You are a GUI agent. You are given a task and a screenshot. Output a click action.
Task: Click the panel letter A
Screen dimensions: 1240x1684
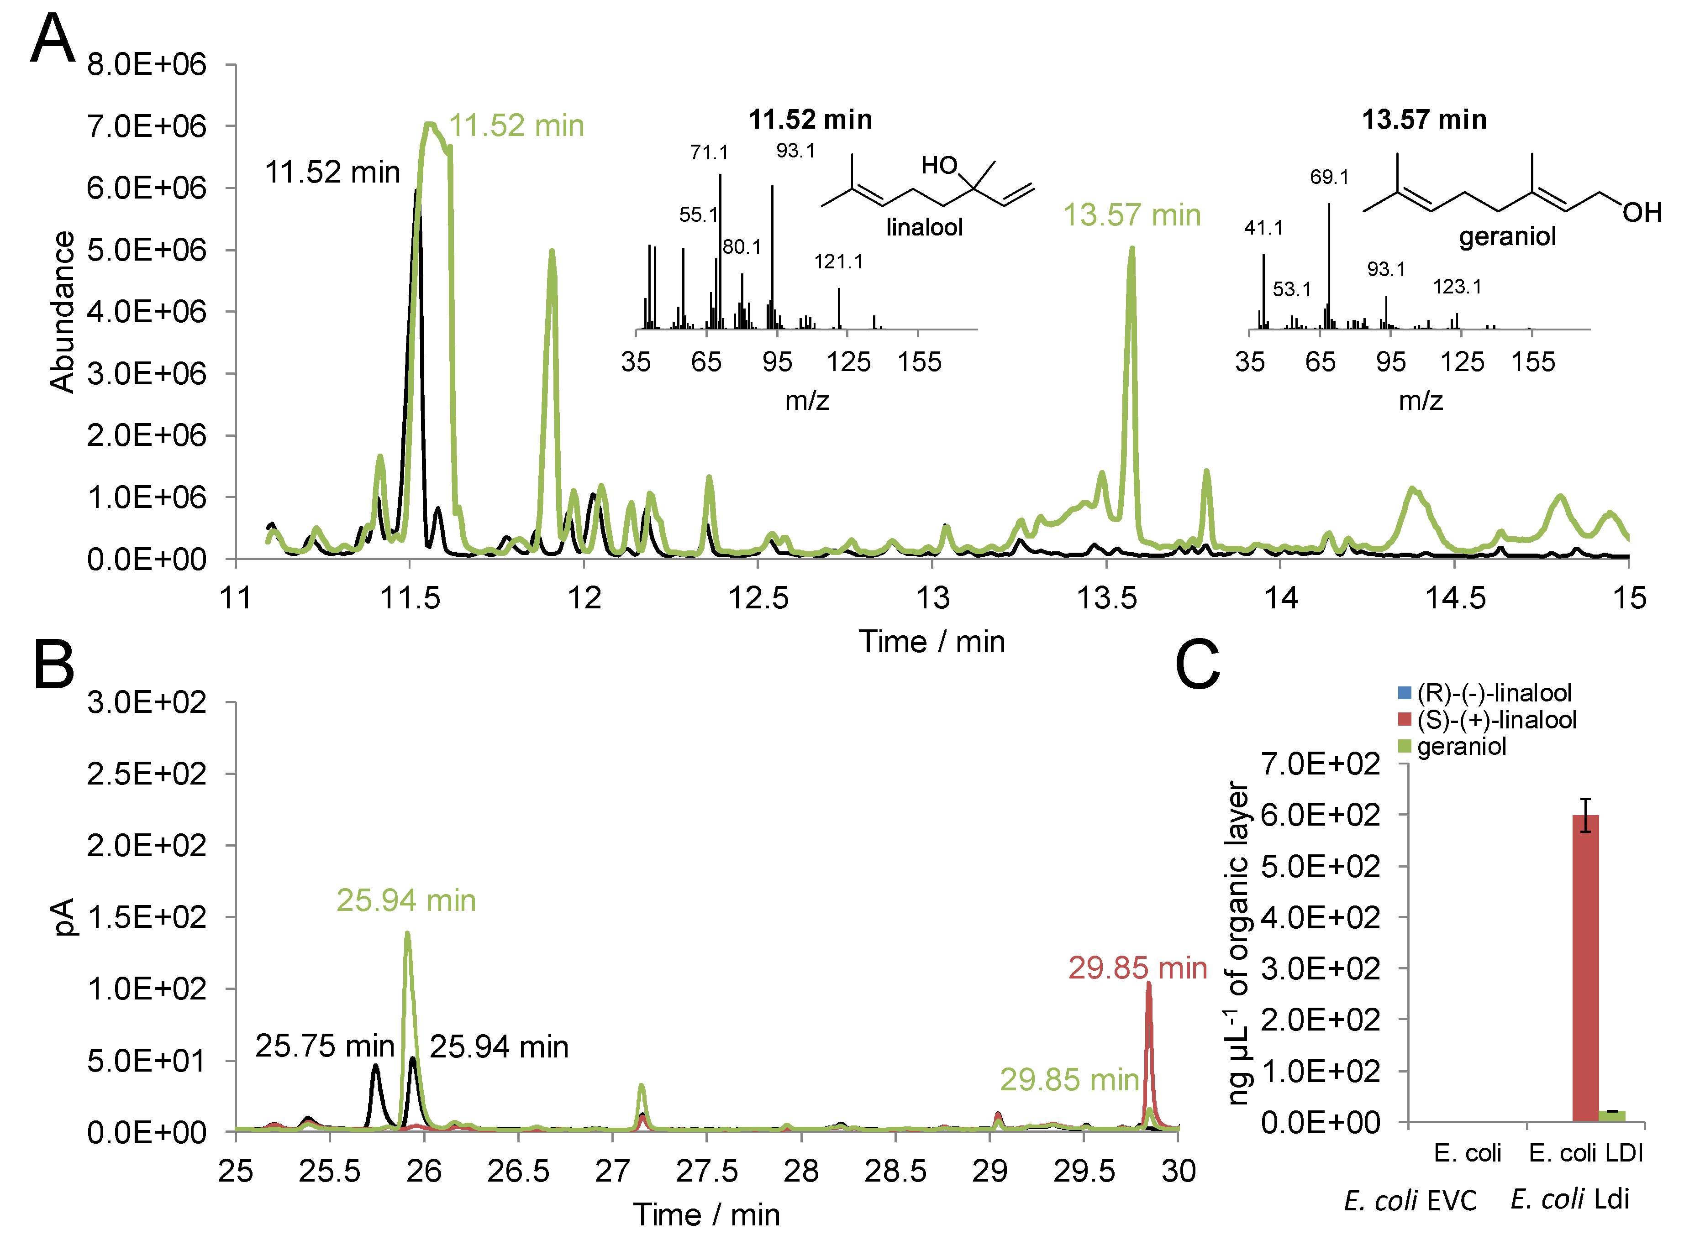point(53,39)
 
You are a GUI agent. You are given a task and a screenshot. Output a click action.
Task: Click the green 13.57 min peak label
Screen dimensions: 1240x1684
point(1131,215)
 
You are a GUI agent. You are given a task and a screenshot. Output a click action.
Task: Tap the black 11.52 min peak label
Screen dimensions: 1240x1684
point(332,173)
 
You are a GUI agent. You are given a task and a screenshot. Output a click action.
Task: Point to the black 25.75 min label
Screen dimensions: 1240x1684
point(324,1046)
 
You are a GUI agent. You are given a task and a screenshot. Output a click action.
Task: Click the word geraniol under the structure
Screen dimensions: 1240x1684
point(1507,237)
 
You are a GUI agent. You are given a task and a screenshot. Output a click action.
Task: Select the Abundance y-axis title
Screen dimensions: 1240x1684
point(63,312)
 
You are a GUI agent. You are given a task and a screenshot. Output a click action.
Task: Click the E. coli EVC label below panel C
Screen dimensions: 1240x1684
point(1410,1200)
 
